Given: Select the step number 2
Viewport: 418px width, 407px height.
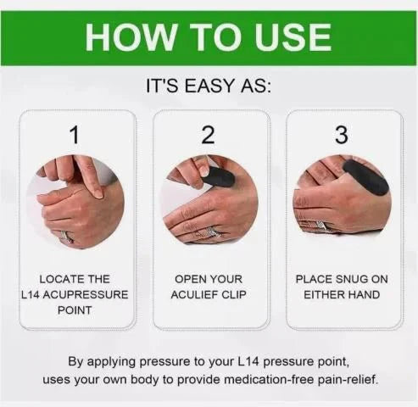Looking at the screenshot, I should [x=209, y=135].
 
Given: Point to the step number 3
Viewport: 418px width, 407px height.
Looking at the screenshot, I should [x=342, y=135].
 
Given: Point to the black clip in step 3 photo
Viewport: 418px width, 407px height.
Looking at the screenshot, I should [x=365, y=176].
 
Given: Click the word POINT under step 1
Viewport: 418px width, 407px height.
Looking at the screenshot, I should [x=75, y=310].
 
